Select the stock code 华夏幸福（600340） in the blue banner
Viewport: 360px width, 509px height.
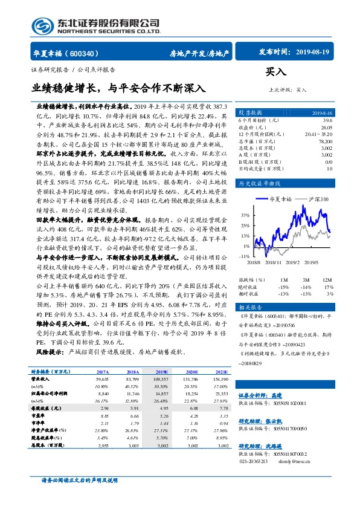coord(67,53)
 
